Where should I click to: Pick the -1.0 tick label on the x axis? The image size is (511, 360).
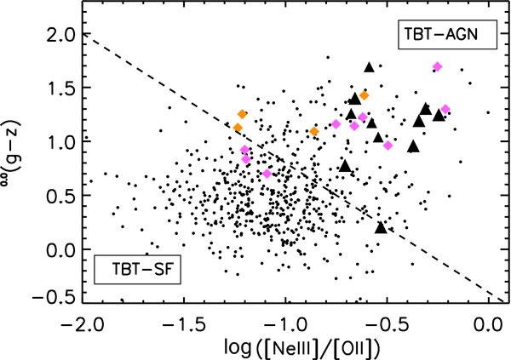click(286, 326)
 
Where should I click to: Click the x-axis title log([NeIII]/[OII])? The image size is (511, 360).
click(287, 347)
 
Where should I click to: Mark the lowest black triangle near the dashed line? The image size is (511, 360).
click(381, 226)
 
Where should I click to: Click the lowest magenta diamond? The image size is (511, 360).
click(267, 174)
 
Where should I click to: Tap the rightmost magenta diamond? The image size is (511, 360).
click(445, 109)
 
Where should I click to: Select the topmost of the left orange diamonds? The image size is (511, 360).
click(242, 114)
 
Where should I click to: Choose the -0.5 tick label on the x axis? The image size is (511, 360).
click(388, 326)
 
